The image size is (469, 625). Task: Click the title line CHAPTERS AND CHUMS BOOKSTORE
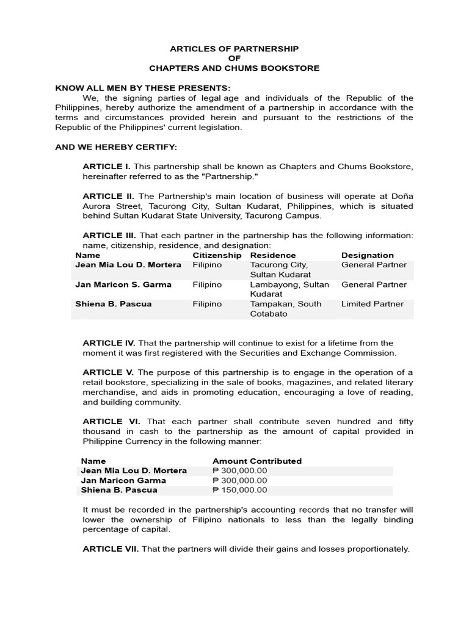point(234,68)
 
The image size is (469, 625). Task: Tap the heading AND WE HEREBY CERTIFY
point(116,147)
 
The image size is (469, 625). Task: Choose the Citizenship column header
point(217,255)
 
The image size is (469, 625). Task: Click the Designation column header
point(367,255)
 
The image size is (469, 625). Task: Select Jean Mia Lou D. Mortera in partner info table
point(128,265)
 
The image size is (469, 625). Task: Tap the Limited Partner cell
point(372,304)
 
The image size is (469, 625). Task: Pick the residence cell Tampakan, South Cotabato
point(285,309)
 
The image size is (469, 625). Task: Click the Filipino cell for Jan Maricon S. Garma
point(207,284)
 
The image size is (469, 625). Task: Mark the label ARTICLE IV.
point(109,343)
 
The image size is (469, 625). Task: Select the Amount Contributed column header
point(256,461)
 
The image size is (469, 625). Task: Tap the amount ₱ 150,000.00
point(239,490)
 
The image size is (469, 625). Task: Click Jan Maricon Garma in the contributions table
point(123,480)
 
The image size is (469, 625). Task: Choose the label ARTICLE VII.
point(111,549)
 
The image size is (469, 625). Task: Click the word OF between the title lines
point(234,59)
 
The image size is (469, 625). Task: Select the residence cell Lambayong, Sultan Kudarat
point(289,289)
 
